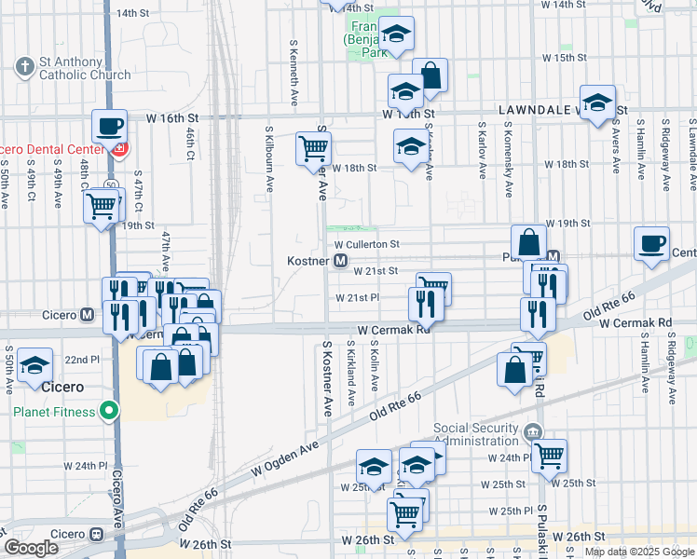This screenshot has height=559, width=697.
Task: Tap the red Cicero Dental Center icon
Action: (118, 149)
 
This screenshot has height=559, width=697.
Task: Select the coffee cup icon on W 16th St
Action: (109, 126)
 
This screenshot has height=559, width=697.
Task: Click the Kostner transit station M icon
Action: (342, 261)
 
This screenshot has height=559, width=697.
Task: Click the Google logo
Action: (31, 548)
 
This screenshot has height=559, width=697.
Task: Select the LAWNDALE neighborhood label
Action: (534, 109)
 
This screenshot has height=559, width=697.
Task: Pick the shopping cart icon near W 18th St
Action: (314, 148)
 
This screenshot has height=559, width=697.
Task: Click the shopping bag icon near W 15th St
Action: (430, 75)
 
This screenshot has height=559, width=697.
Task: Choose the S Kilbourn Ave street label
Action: (270, 158)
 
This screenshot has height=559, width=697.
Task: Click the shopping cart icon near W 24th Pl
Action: (550, 456)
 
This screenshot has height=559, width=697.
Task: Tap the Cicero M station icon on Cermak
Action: (87, 315)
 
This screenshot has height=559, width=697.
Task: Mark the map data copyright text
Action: (638, 551)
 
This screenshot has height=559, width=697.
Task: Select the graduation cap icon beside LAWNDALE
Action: (597, 102)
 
